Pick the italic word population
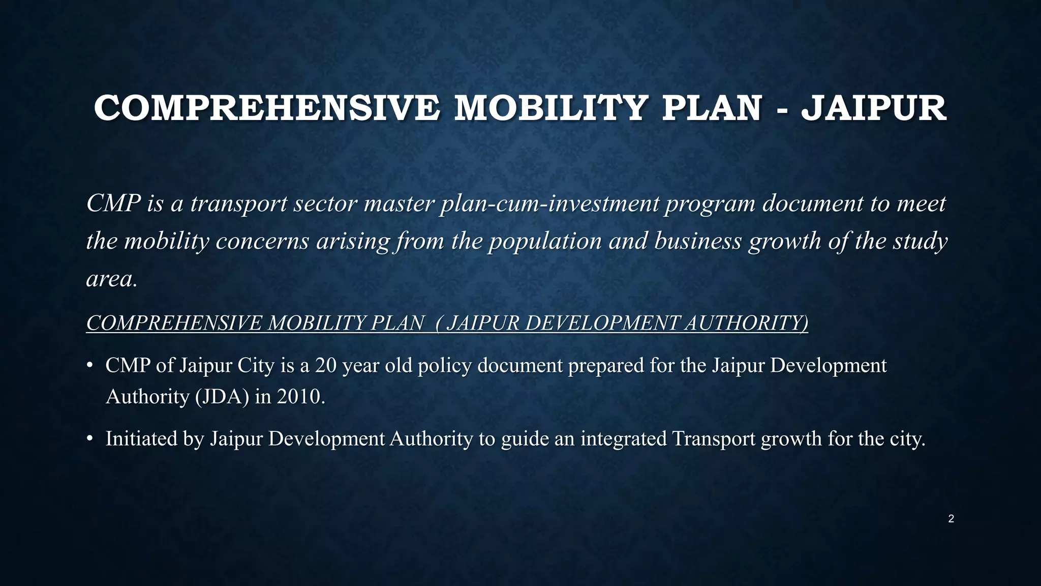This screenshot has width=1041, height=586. pos(545,241)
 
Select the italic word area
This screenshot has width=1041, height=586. pos(111,279)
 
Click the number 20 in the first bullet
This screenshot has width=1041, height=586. pos(325,365)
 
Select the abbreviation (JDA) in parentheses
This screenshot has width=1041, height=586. pos(222,397)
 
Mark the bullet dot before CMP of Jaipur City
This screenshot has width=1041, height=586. pos(89,365)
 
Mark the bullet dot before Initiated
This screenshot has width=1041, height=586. pos(89,438)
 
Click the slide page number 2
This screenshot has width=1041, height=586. pos(951,519)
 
